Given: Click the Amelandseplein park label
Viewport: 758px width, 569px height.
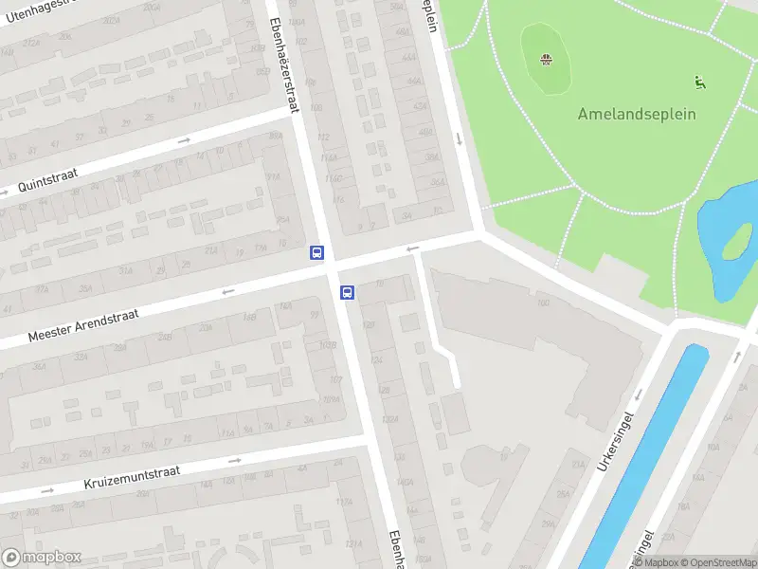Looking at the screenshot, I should tap(637, 114).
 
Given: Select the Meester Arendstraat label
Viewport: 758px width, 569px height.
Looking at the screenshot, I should tap(83, 324).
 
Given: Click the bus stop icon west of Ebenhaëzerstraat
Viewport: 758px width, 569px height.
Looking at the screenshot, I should tap(317, 253).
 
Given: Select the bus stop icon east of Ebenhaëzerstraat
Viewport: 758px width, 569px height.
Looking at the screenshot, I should tap(348, 293).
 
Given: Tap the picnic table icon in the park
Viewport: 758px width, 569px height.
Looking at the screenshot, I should tap(547, 61).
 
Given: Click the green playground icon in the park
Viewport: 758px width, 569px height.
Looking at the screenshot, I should tap(700, 83).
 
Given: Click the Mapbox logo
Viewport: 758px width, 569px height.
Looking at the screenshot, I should tap(42, 558).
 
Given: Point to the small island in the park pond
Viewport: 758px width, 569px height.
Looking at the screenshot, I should tap(736, 244).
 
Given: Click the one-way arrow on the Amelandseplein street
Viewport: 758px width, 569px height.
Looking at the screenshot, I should tap(459, 139).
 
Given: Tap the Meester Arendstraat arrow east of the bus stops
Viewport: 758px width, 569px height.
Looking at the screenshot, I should tap(412, 249).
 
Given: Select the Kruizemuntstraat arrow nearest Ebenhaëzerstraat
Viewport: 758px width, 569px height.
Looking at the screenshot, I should tap(234, 460).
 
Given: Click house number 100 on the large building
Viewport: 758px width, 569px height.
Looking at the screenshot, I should tap(543, 303).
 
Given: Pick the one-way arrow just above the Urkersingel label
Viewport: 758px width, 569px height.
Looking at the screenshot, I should tap(639, 393).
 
